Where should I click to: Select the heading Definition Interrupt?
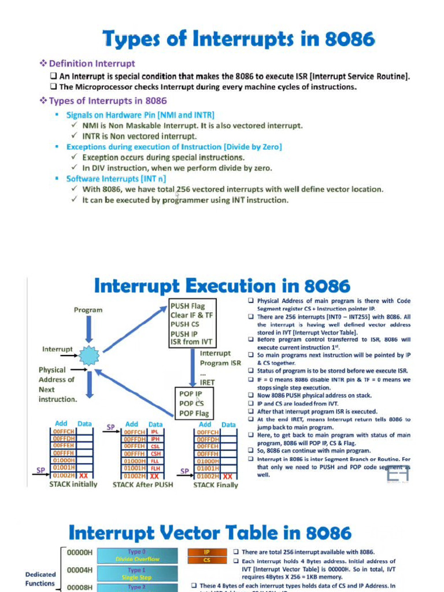(92, 64)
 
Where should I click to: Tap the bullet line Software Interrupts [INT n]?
(116, 179)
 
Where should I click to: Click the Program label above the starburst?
(88, 310)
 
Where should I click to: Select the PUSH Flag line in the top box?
(187, 306)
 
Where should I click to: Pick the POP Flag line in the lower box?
(194, 413)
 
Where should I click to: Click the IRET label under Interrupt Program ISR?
(207, 383)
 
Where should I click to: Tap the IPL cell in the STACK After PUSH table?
(154, 432)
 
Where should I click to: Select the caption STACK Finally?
(215, 485)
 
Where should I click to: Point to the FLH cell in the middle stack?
(154, 468)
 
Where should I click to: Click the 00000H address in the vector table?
(80, 553)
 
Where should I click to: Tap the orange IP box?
(206, 553)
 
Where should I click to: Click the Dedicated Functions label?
(40, 579)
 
